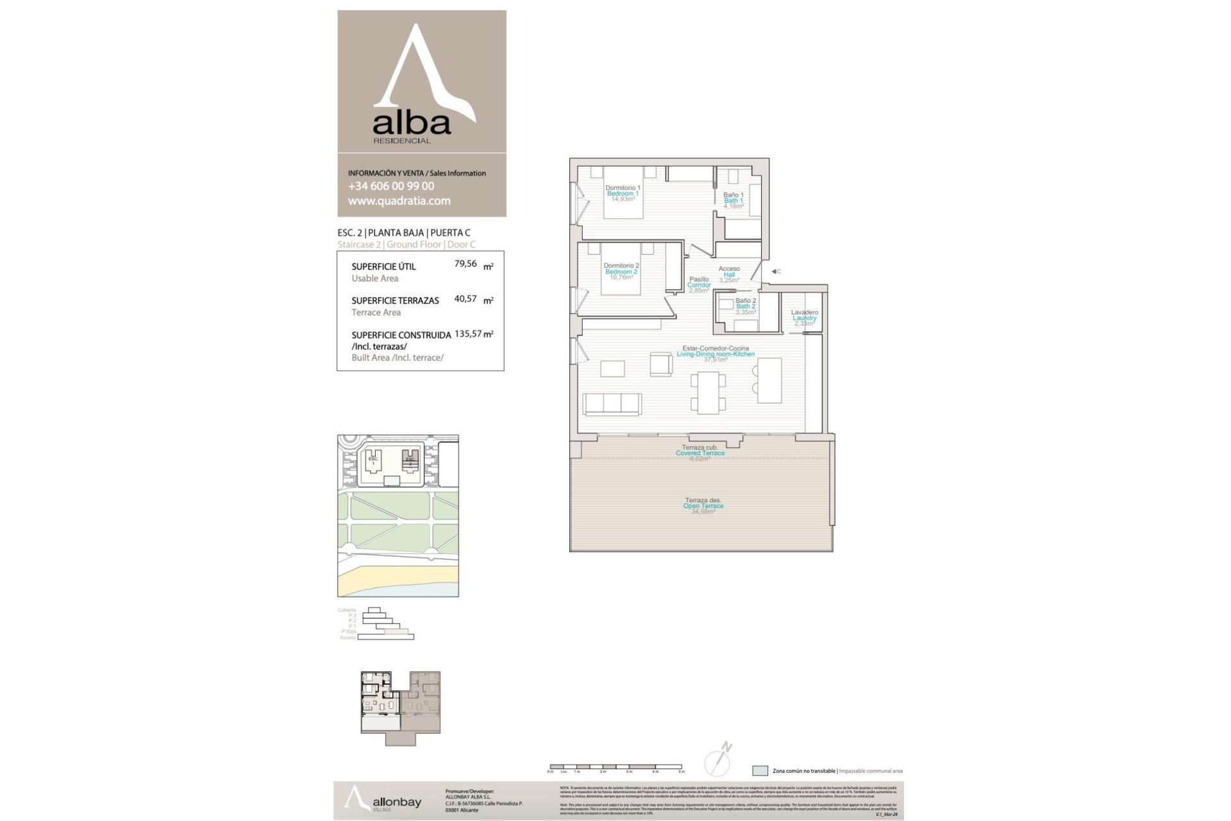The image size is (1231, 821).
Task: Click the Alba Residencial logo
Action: (421, 83)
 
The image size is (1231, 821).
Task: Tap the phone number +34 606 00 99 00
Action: (391, 186)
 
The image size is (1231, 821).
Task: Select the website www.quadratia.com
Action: (399, 201)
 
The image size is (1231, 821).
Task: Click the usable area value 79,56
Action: (465, 264)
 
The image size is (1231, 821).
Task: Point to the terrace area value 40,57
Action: (465, 298)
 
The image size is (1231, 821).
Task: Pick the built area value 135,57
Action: (468, 334)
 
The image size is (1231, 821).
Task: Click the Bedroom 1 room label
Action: (623, 194)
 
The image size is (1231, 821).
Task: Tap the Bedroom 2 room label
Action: (621, 271)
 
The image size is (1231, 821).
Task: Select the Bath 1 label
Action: (733, 200)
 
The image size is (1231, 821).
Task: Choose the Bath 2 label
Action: (746, 306)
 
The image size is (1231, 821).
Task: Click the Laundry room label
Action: (804, 317)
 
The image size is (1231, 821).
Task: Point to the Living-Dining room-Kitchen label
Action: (716, 353)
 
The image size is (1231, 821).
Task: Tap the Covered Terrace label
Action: (699, 453)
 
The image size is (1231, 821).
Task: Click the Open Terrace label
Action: (703, 505)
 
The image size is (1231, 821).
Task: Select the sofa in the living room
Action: (612, 404)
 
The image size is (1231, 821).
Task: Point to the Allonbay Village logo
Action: (383, 801)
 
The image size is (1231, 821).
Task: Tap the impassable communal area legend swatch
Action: (760, 771)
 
